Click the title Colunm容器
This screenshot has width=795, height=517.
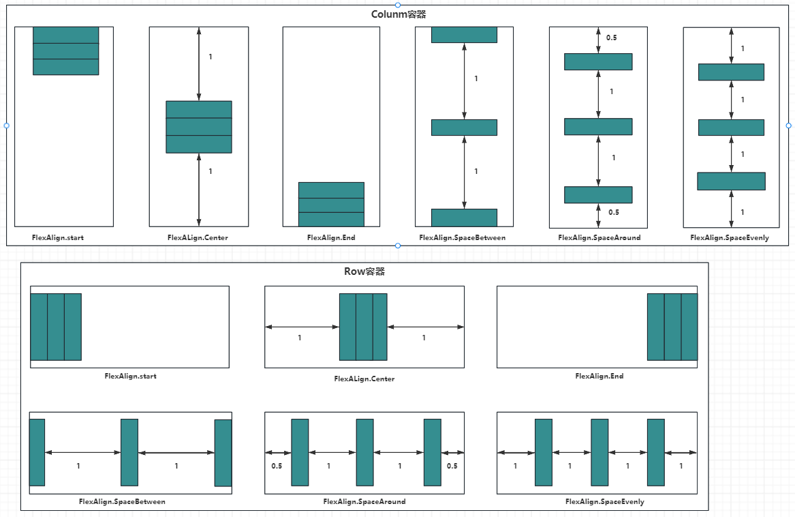tap(399, 14)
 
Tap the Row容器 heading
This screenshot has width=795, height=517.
tap(364, 271)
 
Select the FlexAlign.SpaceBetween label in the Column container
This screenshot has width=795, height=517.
tap(463, 237)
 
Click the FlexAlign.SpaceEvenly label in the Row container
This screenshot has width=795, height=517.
tap(604, 501)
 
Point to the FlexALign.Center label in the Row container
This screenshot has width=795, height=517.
tap(364, 379)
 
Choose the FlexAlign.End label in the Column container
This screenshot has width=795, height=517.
tap(331, 237)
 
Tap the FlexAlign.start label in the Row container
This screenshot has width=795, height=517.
tap(130, 376)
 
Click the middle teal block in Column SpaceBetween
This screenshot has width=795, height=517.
tap(464, 128)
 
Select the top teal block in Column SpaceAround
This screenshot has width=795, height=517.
tap(598, 61)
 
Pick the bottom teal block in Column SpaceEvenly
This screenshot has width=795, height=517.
tap(731, 181)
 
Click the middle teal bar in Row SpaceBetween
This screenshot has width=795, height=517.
tap(129, 452)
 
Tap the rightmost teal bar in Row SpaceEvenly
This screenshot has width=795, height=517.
tap(655, 452)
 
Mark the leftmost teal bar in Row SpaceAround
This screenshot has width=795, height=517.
tap(300, 452)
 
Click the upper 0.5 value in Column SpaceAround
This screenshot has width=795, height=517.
tap(611, 38)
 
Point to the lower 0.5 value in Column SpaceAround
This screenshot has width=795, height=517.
tap(613, 212)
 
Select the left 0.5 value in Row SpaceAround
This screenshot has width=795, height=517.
tap(277, 466)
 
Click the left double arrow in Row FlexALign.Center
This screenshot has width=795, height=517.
tap(302, 327)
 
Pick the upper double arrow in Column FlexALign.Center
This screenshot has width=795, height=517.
tap(198, 64)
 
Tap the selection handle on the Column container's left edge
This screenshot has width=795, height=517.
tap(6, 125)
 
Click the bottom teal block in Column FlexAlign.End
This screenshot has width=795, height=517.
tap(331, 219)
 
